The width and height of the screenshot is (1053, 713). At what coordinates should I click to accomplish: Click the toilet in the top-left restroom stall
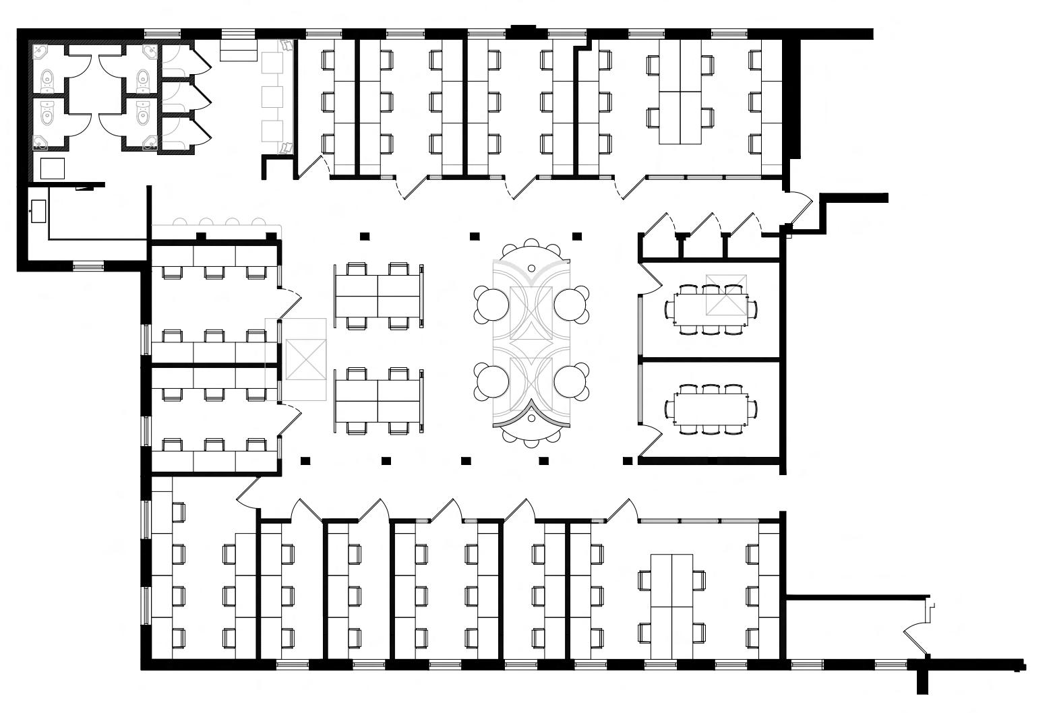click(47, 81)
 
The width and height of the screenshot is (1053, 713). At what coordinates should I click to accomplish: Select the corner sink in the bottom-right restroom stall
click(151, 141)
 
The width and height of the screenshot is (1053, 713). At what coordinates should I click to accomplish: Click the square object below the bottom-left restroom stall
click(52, 168)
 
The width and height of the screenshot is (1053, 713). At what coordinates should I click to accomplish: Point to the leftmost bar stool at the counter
click(179, 222)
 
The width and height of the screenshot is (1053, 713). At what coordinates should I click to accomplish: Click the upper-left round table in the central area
click(491, 304)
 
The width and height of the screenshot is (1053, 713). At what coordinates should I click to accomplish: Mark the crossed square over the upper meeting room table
click(726, 294)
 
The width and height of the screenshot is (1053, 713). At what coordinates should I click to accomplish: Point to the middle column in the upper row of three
click(475, 236)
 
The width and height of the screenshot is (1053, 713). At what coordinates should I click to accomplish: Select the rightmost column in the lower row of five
click(628, 460)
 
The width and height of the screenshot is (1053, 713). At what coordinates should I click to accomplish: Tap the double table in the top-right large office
click(680, 92)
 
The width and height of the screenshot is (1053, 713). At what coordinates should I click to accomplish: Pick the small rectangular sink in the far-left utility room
click(38, 210)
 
